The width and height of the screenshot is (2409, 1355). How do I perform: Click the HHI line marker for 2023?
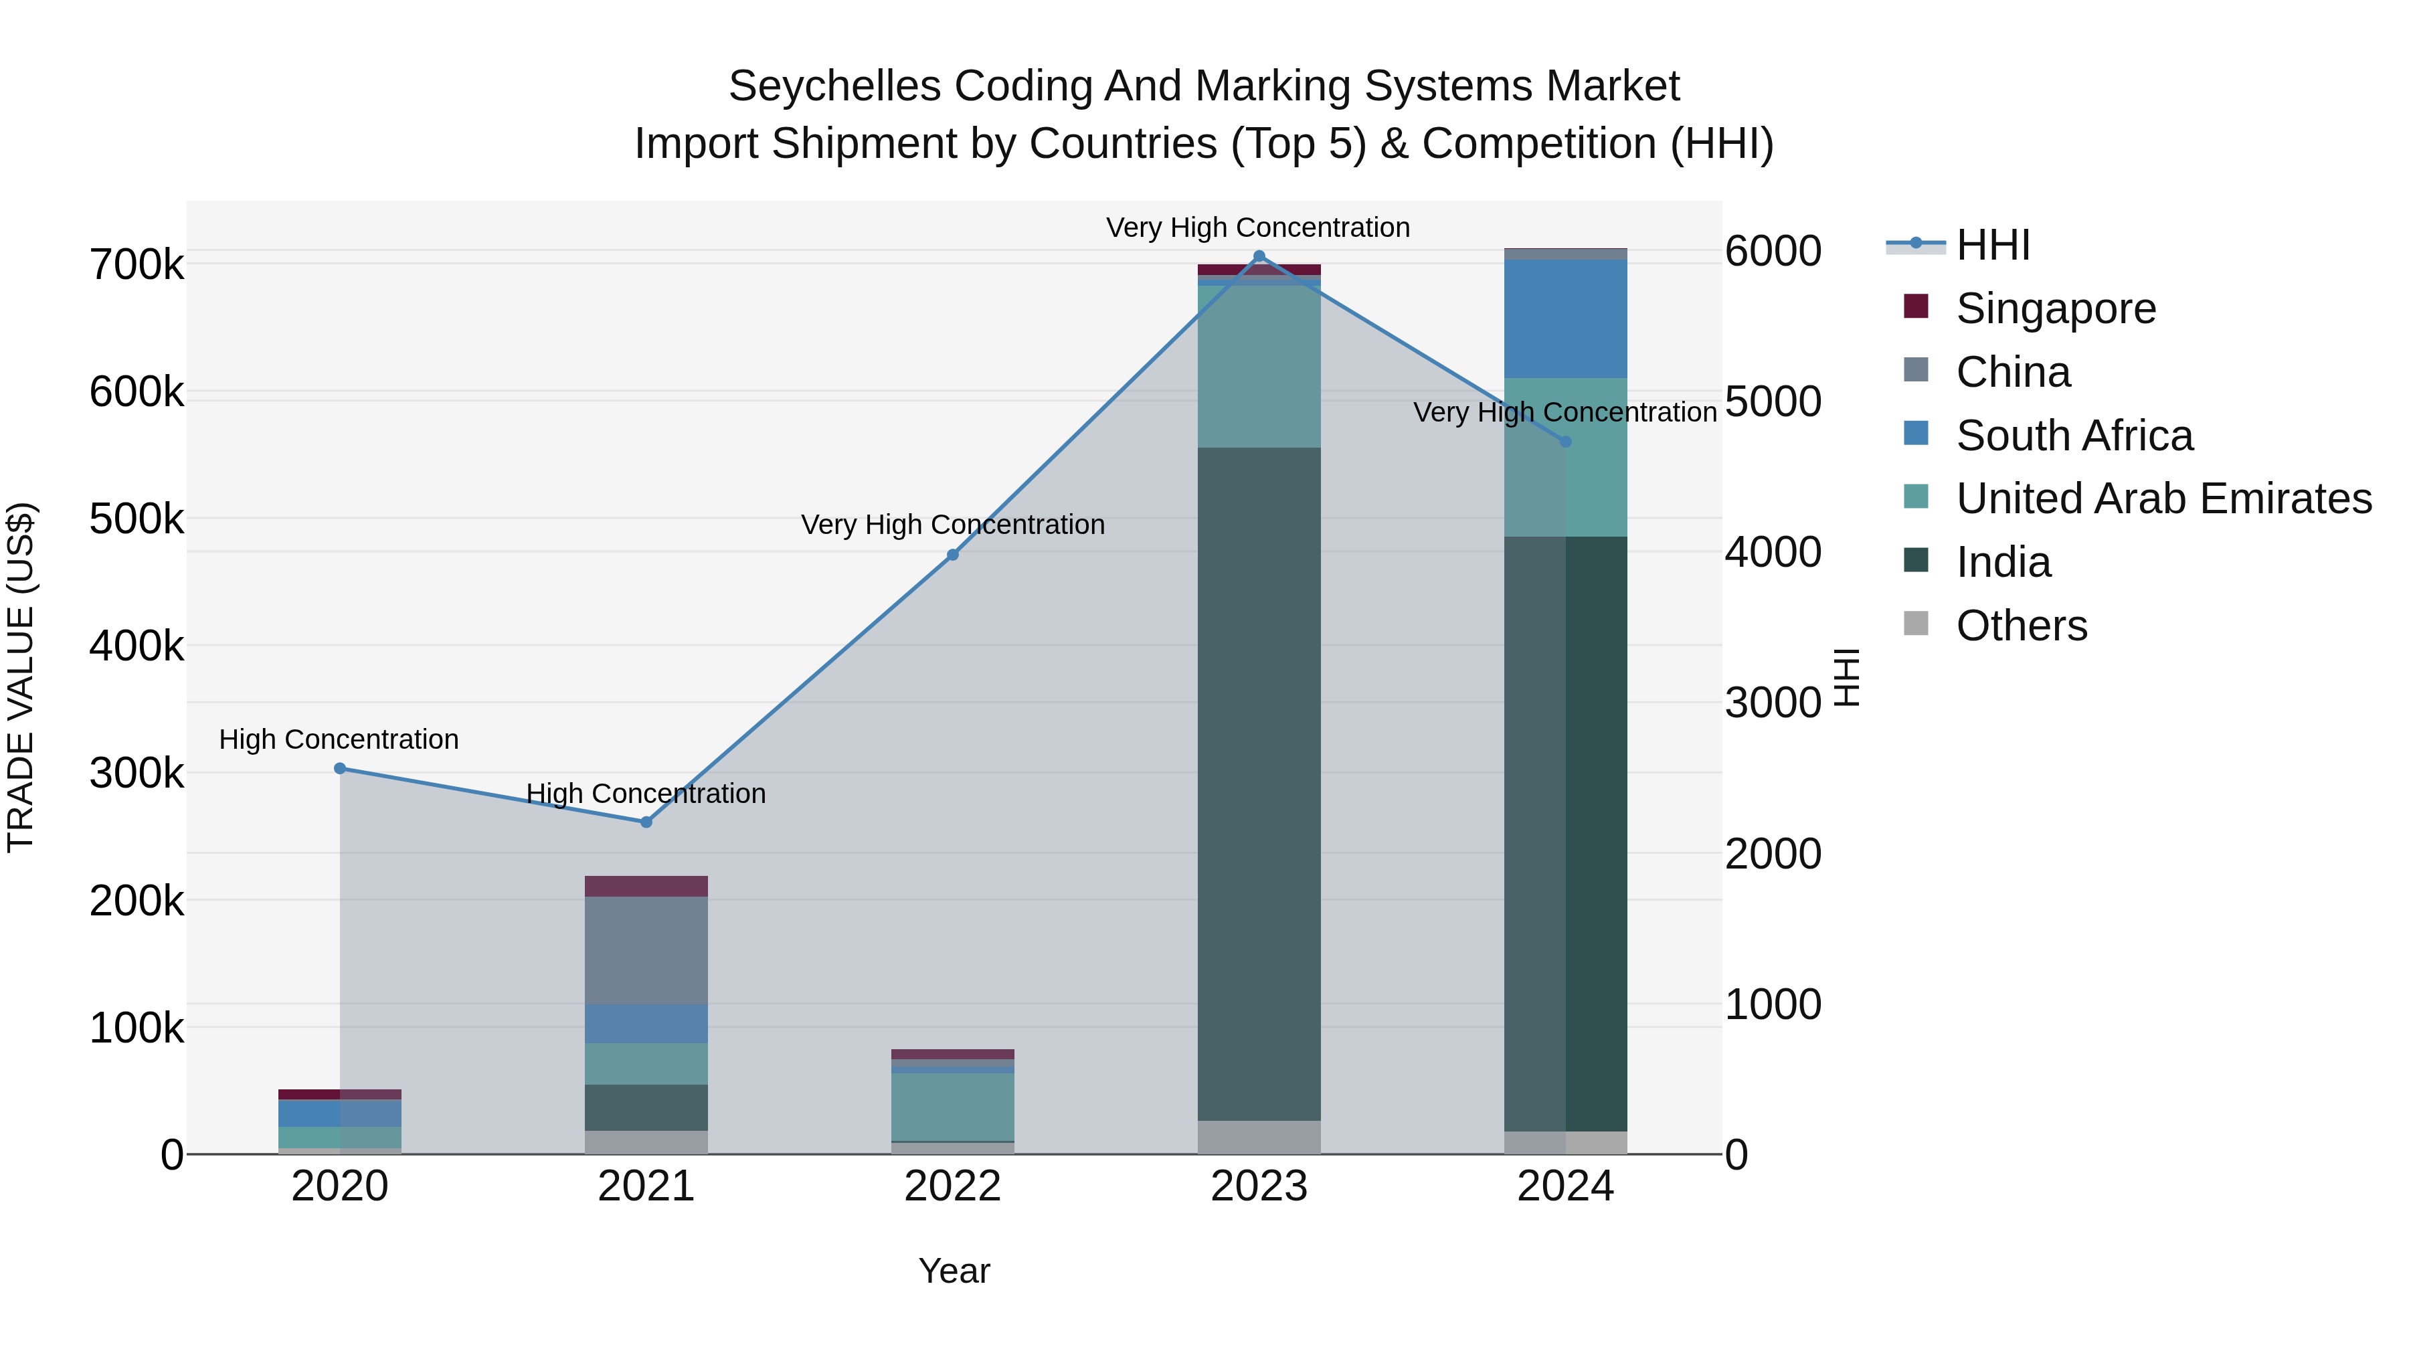(x=1259, y=256)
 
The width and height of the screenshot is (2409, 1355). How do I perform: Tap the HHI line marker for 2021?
(x=646, y=822)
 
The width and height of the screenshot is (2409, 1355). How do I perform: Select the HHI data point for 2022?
(x=953, y=555)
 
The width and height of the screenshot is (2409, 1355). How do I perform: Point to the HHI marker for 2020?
(x=339, y=769)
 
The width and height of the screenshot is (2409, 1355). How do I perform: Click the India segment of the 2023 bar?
(x=1259, y=784)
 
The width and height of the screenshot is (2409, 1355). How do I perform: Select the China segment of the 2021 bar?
(x=646, y=950)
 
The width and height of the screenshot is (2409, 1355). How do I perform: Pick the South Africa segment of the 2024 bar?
(x=1565, y=319)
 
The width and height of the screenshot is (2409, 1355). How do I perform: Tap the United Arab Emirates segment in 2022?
(x=953, y=1106)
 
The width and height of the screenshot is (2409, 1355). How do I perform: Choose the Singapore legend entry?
(x=2056, y=308)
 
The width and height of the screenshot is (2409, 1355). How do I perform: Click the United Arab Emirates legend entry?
(x=2163, y=499)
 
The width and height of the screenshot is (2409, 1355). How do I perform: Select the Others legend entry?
(x=2021, y=626)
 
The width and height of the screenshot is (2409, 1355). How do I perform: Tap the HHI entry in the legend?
(x=1992, y=245)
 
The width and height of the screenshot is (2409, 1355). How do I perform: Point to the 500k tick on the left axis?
(x=137, y=519)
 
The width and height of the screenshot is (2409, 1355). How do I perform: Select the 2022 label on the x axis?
(x=953, y=1186)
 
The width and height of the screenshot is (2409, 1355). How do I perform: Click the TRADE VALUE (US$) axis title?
(x=21, y=677)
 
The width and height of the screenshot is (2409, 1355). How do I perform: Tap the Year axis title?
(x=954, y=1271)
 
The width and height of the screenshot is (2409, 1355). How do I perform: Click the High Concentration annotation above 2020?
(x=339, y=739)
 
